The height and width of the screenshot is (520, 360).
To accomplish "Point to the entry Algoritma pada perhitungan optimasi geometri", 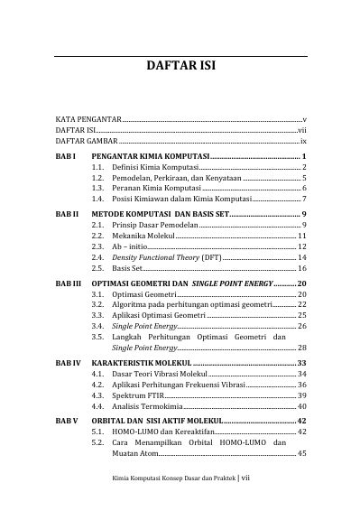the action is pos(193,305).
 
